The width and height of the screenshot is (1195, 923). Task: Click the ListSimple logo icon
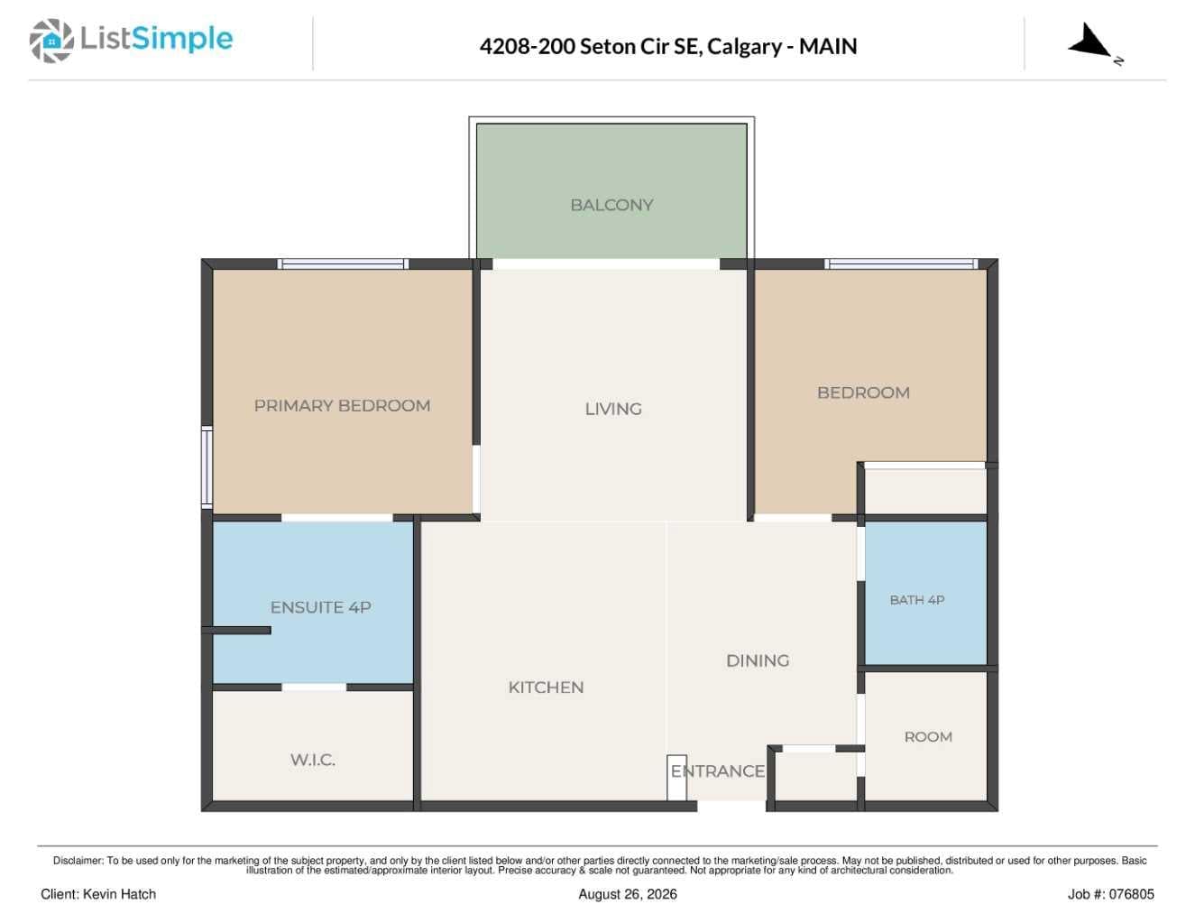pos(51,41)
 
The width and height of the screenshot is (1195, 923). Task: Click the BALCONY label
pos(611,205)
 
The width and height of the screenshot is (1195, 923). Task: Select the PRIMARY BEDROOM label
pos(342,406)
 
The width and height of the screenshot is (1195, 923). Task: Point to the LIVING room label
pos(613,410)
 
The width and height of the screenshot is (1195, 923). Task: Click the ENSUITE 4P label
pos(320,607)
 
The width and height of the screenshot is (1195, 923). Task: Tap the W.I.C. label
pos(312,761)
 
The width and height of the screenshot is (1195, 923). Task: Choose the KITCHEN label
pos(546,688)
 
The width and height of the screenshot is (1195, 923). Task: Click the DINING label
pos(758,660)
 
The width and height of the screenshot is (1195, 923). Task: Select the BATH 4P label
pos(916,600)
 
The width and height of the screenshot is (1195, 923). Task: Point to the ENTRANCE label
pos(718,771)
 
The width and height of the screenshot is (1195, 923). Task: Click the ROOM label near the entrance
pos(928,737)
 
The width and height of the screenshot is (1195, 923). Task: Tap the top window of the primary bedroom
pos(343,264)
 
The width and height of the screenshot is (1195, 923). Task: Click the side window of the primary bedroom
pos(207,467)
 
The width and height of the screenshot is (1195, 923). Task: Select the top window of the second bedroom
pos(901,264)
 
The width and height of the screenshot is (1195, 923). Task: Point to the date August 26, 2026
pos(628,895)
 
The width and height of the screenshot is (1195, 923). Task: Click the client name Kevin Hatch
pos(119,894)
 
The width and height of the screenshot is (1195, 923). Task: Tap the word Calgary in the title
pos(744,47)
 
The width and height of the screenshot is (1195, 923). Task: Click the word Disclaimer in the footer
pos(78,861)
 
